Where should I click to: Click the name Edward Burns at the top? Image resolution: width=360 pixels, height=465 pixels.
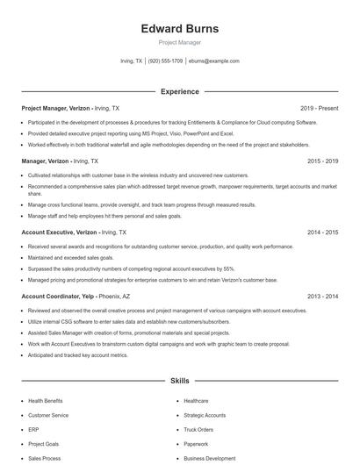[x=179, y=29]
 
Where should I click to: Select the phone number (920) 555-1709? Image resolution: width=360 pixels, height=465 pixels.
[x=165, y=61]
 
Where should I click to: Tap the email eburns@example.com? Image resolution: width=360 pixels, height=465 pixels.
[x=213, y=61]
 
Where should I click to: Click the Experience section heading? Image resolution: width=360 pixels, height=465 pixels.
[x=179, y=91]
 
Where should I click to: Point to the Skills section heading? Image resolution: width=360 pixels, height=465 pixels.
[x=179, y=382]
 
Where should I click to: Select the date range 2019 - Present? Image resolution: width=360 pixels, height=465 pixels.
[x=319, y=108]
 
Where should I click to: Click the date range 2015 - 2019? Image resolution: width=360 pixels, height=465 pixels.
[x=322, y=161]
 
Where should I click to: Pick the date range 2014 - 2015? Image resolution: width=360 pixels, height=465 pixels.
[x=322, y=232]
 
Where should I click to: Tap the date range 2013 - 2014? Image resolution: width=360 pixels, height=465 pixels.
[x=322, y=297]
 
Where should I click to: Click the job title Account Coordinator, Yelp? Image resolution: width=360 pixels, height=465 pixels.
[x=58, y=297]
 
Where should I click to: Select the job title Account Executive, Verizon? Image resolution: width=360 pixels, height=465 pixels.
[x=60, y=232]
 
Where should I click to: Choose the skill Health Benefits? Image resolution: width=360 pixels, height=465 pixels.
[x=46, y=401]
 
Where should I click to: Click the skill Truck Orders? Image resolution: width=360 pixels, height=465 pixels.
[x=198, y=430]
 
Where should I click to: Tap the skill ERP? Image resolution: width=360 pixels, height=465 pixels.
[x=33, y=430]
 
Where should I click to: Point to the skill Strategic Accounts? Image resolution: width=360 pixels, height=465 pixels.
[x=205, y=415]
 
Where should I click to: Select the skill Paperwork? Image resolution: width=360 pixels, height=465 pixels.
[x=196, y=444]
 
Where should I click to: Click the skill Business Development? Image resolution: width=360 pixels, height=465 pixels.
[x=209, y=458]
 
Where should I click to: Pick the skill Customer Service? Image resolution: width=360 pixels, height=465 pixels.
[x=48, y=415]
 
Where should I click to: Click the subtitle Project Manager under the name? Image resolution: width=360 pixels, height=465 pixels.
[x=179, y=42]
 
